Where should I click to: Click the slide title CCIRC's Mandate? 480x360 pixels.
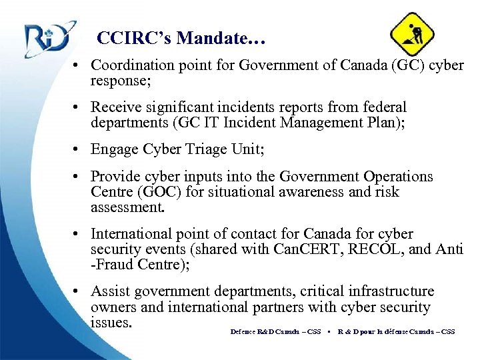coord(181,38)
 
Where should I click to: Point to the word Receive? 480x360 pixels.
coord(115,107)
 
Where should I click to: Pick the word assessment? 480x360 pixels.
coord(127,207)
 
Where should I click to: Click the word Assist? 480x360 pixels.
coord(111,291)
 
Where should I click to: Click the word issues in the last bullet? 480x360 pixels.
coord(111,322)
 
